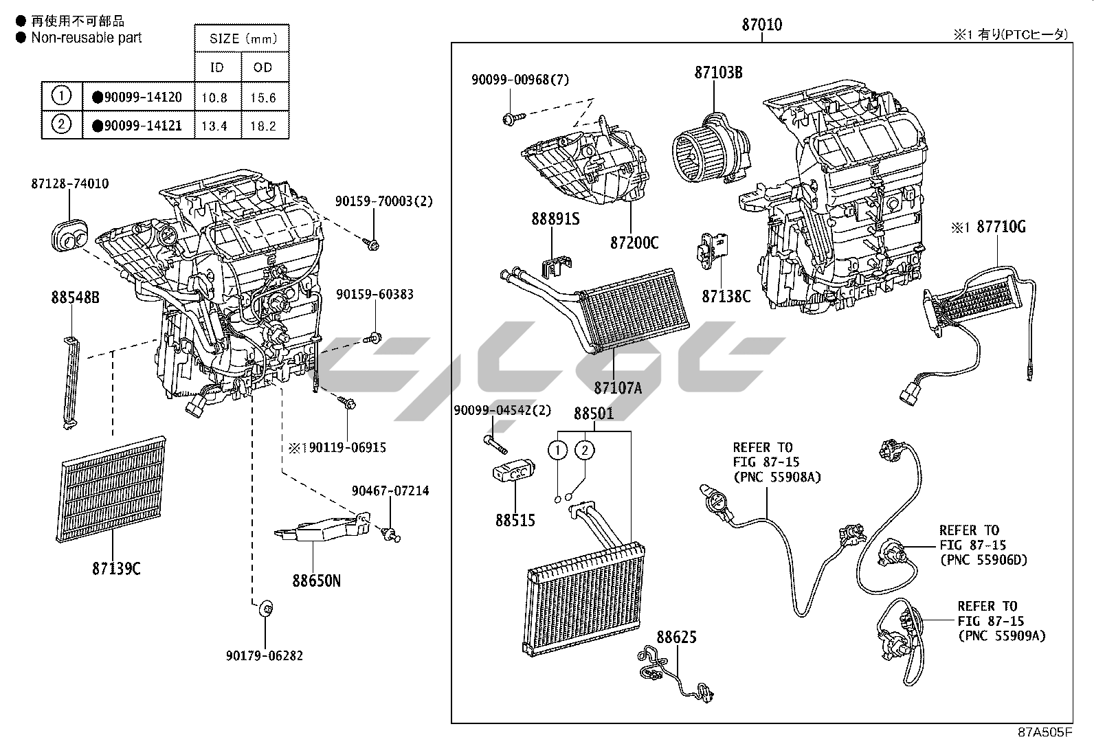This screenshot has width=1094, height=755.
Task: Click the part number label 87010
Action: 761,25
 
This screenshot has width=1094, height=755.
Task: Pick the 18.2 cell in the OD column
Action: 263,126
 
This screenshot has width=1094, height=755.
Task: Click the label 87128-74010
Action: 69,183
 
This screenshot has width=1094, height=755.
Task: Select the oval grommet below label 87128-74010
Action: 70,236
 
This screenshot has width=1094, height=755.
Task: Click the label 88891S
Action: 555,219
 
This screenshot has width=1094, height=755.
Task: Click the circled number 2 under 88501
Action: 584,451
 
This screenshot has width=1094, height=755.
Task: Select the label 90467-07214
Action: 390,491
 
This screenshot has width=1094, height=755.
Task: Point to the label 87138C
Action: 726,296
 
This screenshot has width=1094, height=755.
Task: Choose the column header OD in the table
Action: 263,67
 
